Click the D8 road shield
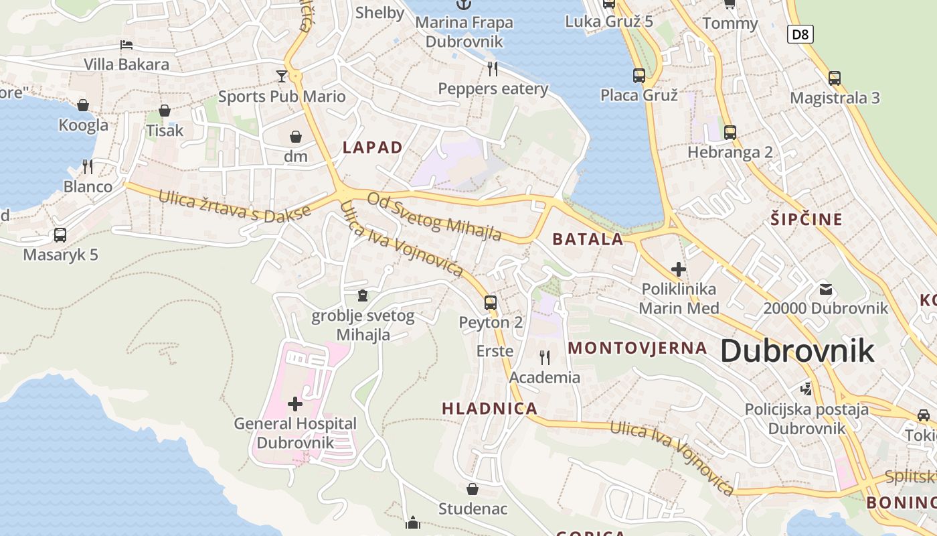click(x=800, y=34)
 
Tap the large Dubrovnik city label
click(x=797, y=350)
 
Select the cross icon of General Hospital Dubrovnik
click(x=294, y=403)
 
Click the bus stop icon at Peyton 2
click(x=491, y=302)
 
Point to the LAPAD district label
click(x=373, y=147)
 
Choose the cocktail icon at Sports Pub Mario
click(x=282, y=76)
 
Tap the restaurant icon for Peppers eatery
click(x=493, y=68)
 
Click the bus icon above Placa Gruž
click(x=638, y=75)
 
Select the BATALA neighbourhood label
click(x=588, y=239)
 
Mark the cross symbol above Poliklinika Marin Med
click(x=678, y=269)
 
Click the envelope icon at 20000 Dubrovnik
click(x=825, y=289)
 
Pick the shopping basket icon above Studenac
click(x=473, y=488)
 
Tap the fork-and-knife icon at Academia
click(x=544, y=357)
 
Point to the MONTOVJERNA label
click(x=637, y=348)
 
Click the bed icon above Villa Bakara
click(x=126, y=45)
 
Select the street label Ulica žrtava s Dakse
click(x=234, y=206)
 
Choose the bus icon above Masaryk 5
click(x=60, y=235)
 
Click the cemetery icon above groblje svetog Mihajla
click(x=363, y=295)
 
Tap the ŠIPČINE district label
click(x=806, y=219)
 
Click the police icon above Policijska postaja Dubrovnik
click(x=806, y=389)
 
